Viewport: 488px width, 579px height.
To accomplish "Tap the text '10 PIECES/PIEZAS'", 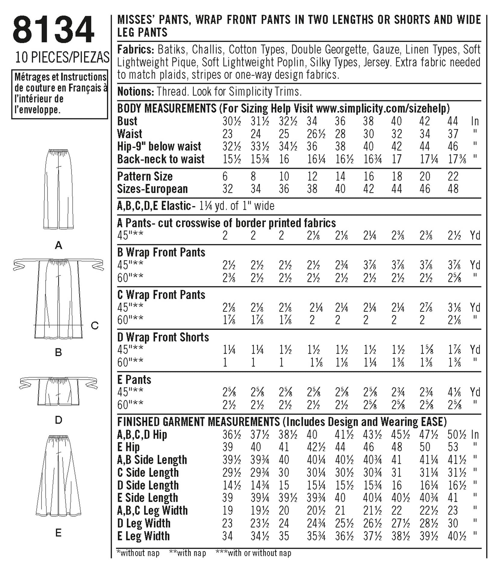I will coord(62,57).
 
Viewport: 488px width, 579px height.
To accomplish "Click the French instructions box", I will coord(60,94).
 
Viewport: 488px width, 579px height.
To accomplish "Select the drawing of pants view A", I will coord(58,189).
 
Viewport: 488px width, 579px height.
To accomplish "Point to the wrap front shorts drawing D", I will coord(58,391).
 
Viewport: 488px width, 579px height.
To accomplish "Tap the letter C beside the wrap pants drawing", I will coord(95,326).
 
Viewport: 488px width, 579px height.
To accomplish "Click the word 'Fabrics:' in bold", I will coord(136,49).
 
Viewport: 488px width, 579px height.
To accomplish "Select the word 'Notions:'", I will coord(136,91).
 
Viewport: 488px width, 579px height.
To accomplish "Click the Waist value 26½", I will coord(316,134).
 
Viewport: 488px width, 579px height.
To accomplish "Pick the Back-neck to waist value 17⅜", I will coord(457,159).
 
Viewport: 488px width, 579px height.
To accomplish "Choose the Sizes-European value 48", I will coord(453,189).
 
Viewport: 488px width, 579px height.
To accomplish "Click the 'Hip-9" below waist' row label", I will coord(159,147).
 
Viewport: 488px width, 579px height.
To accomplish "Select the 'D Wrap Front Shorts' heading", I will coord(163,337).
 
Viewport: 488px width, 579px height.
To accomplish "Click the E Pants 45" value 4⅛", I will coord(454,392).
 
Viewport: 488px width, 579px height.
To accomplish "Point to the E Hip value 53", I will coord(453,447).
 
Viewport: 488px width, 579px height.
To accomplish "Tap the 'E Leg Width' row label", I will coord(143,536).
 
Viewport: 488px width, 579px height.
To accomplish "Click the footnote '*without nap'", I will coord(138,553).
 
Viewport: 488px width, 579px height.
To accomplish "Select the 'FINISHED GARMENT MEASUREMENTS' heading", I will coord(199,422).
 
